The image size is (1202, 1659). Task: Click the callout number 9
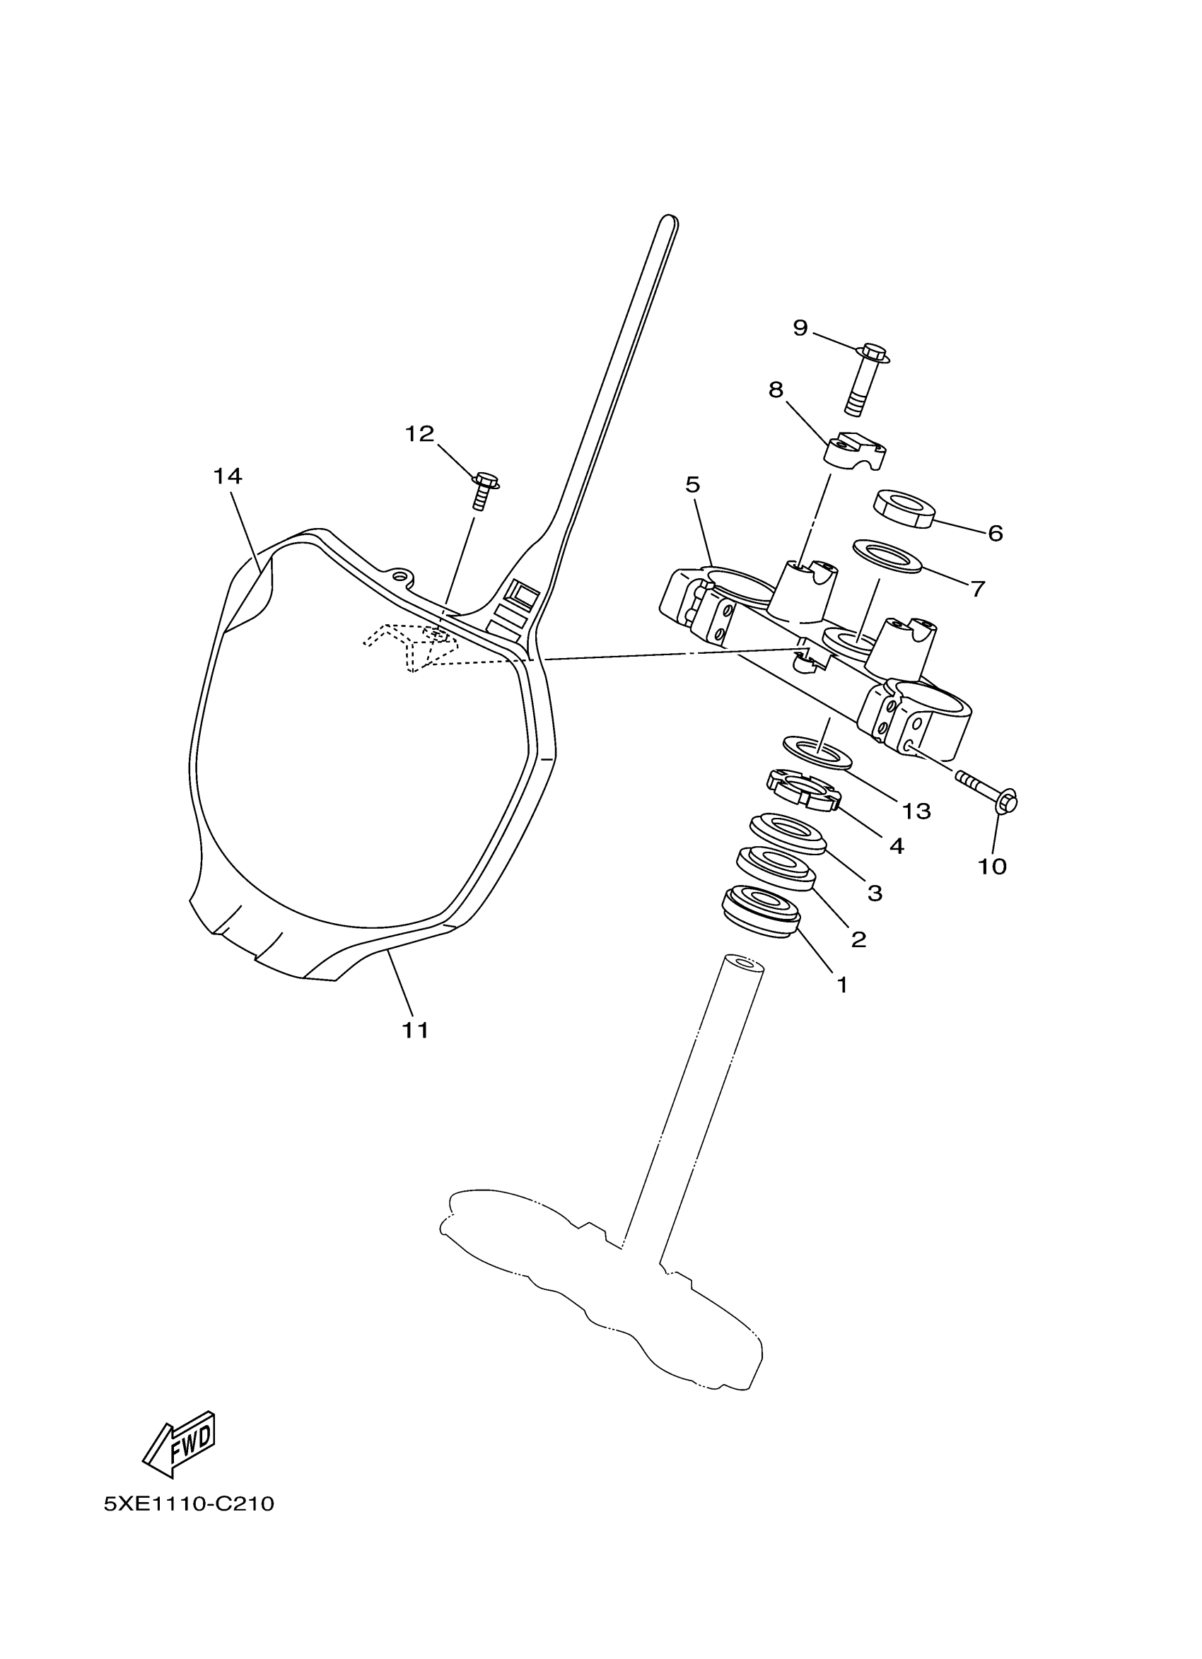(800, 328)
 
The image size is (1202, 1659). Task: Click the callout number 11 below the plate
(415, 1031)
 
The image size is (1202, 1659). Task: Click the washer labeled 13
(817, 753)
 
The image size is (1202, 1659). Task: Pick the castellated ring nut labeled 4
(803, 791)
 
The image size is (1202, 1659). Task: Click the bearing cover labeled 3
(788, 833)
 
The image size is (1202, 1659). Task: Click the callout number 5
(692, 484)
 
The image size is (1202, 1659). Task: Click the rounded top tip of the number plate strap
(668, 220)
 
